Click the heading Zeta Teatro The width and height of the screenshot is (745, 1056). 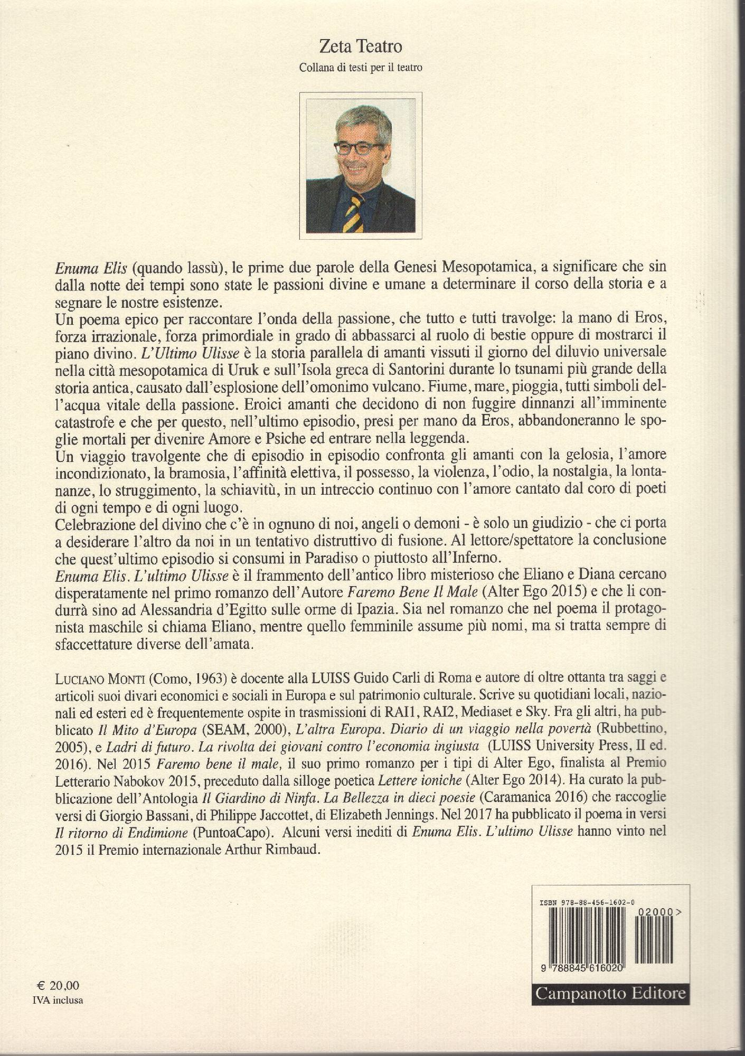click(x=361, y=47)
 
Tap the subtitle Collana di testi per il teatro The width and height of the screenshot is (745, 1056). click(x=361, y=68)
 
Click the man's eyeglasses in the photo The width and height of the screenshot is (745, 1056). click(x=359, y=148)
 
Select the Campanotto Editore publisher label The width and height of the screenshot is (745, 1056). click(x=610, y=993)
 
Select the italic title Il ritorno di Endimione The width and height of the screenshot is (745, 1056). click(x=121, y=833)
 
